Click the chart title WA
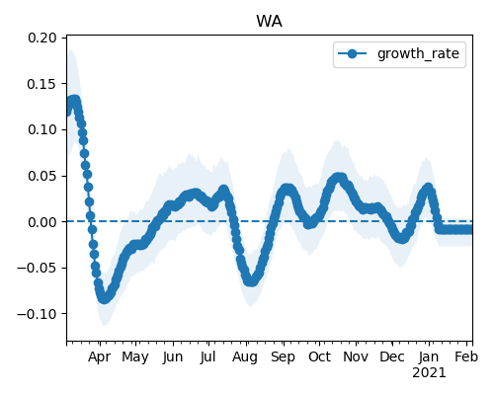tap(269, 22)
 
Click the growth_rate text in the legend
tap(418, 53)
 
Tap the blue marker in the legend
tap(352, 53)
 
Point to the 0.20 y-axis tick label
tap(42, 38)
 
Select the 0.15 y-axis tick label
tap(42, 84)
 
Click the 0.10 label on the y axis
tap(42, 129)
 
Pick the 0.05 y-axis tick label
tap(42, 176)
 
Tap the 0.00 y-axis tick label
tap(42, 222)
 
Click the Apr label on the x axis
tap(100, 357)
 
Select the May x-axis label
tap(135, 357)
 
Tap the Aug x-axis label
tap(245, 357)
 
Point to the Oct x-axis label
tap(319, 357)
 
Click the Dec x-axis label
tap(392, 357)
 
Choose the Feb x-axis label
tap(466, 357)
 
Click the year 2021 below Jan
tap(429, 373)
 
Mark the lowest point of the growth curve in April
tap(104, 298)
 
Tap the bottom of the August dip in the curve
tap(252, 281)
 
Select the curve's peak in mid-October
tap(339, 178)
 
